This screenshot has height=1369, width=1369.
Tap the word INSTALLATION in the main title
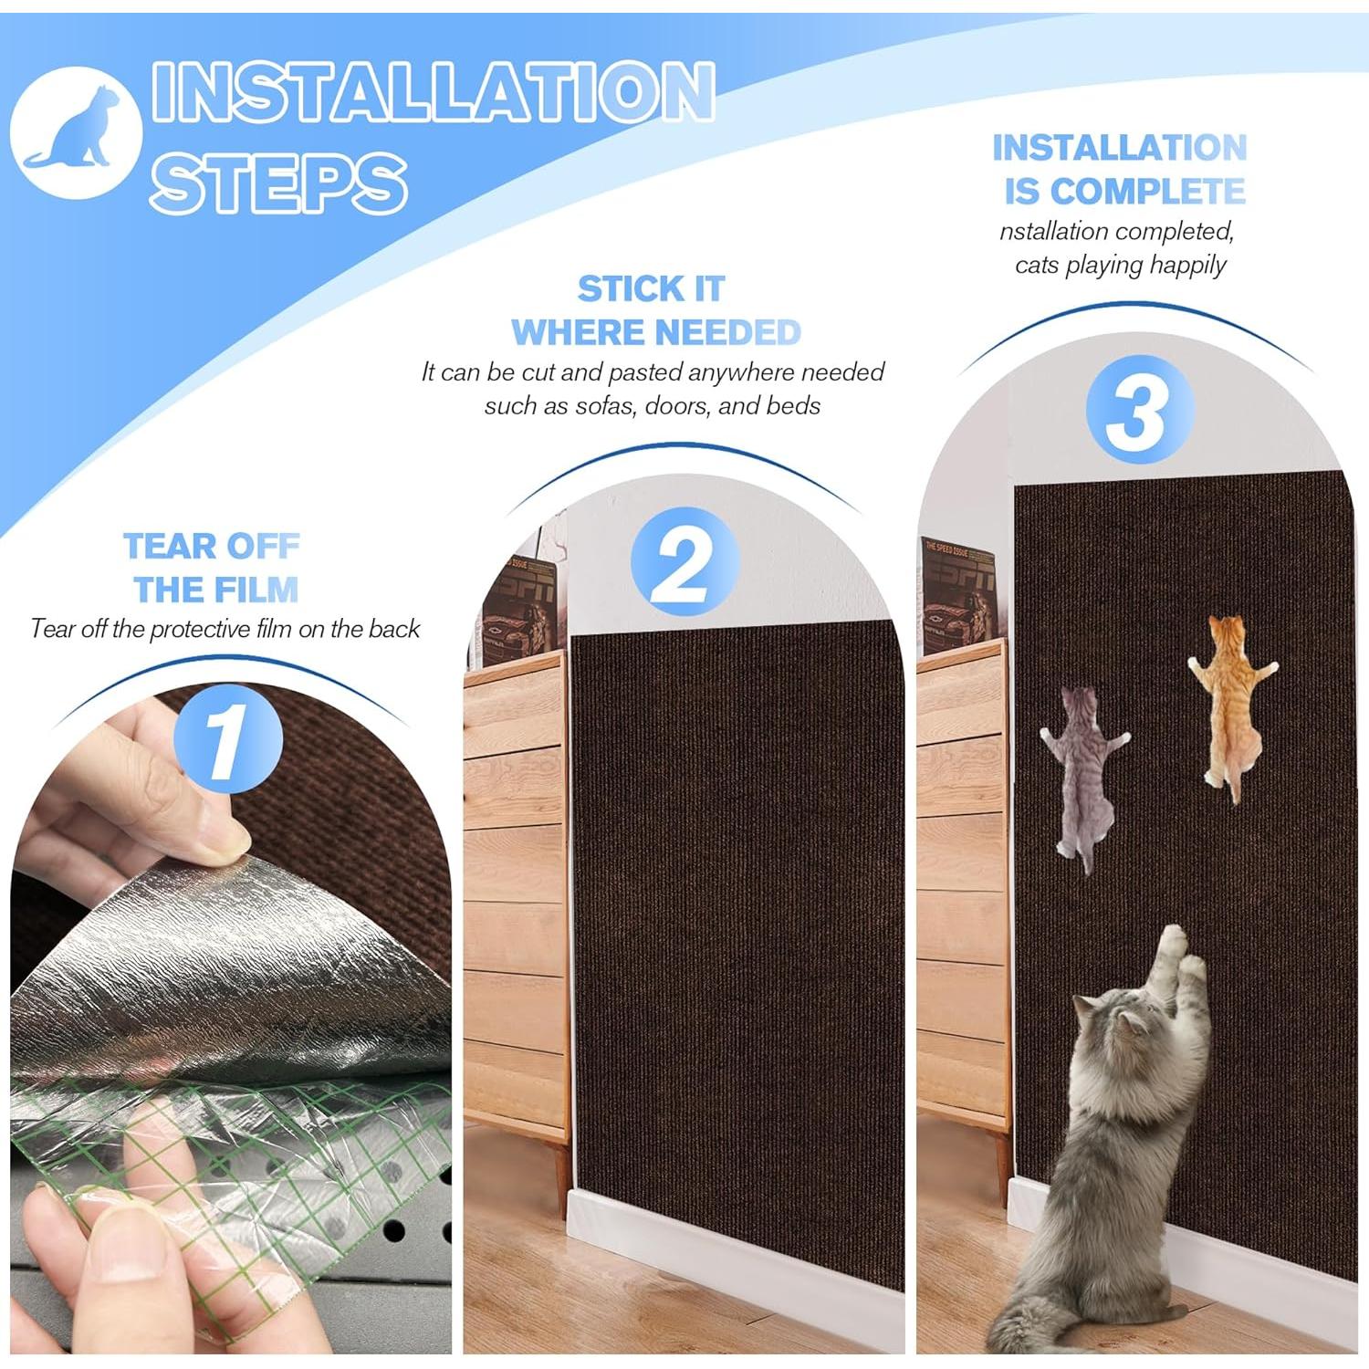(x=432, y=91)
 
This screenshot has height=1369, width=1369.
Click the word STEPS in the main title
(x=277, y=183)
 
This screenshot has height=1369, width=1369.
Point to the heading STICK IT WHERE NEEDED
(x=654, y=310)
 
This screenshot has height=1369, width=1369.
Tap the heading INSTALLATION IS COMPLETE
(x=1121, y=170)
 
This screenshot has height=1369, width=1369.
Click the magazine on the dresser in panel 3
(x=956, y=593)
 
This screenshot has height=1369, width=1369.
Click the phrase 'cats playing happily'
(x=1121, y=266)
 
